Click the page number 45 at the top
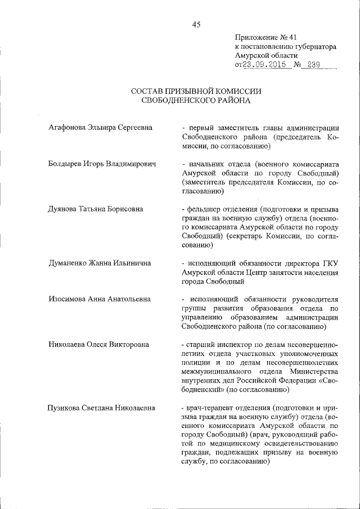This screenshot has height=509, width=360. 196,24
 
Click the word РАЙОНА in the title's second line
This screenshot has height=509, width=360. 229,101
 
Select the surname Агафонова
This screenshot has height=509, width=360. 68,128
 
